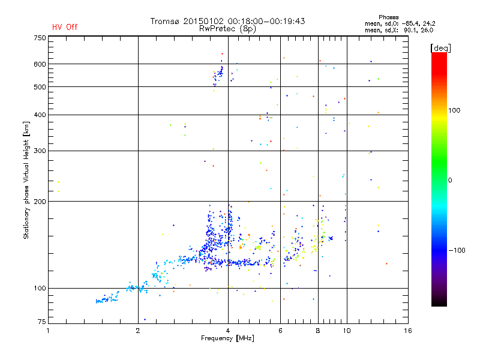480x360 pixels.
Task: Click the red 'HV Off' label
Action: point(65,27)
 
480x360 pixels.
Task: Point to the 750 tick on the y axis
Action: point(40,38)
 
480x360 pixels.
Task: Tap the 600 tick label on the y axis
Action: point(40,64)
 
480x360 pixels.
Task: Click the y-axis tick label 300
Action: point(40,151)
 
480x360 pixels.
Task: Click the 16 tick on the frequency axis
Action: point(407,331)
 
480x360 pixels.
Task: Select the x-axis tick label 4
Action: point(228,331)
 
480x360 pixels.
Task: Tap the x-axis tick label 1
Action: point(49,331)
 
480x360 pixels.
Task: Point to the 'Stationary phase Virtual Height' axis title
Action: point(26,180)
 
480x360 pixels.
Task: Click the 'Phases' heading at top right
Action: point(389,17)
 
